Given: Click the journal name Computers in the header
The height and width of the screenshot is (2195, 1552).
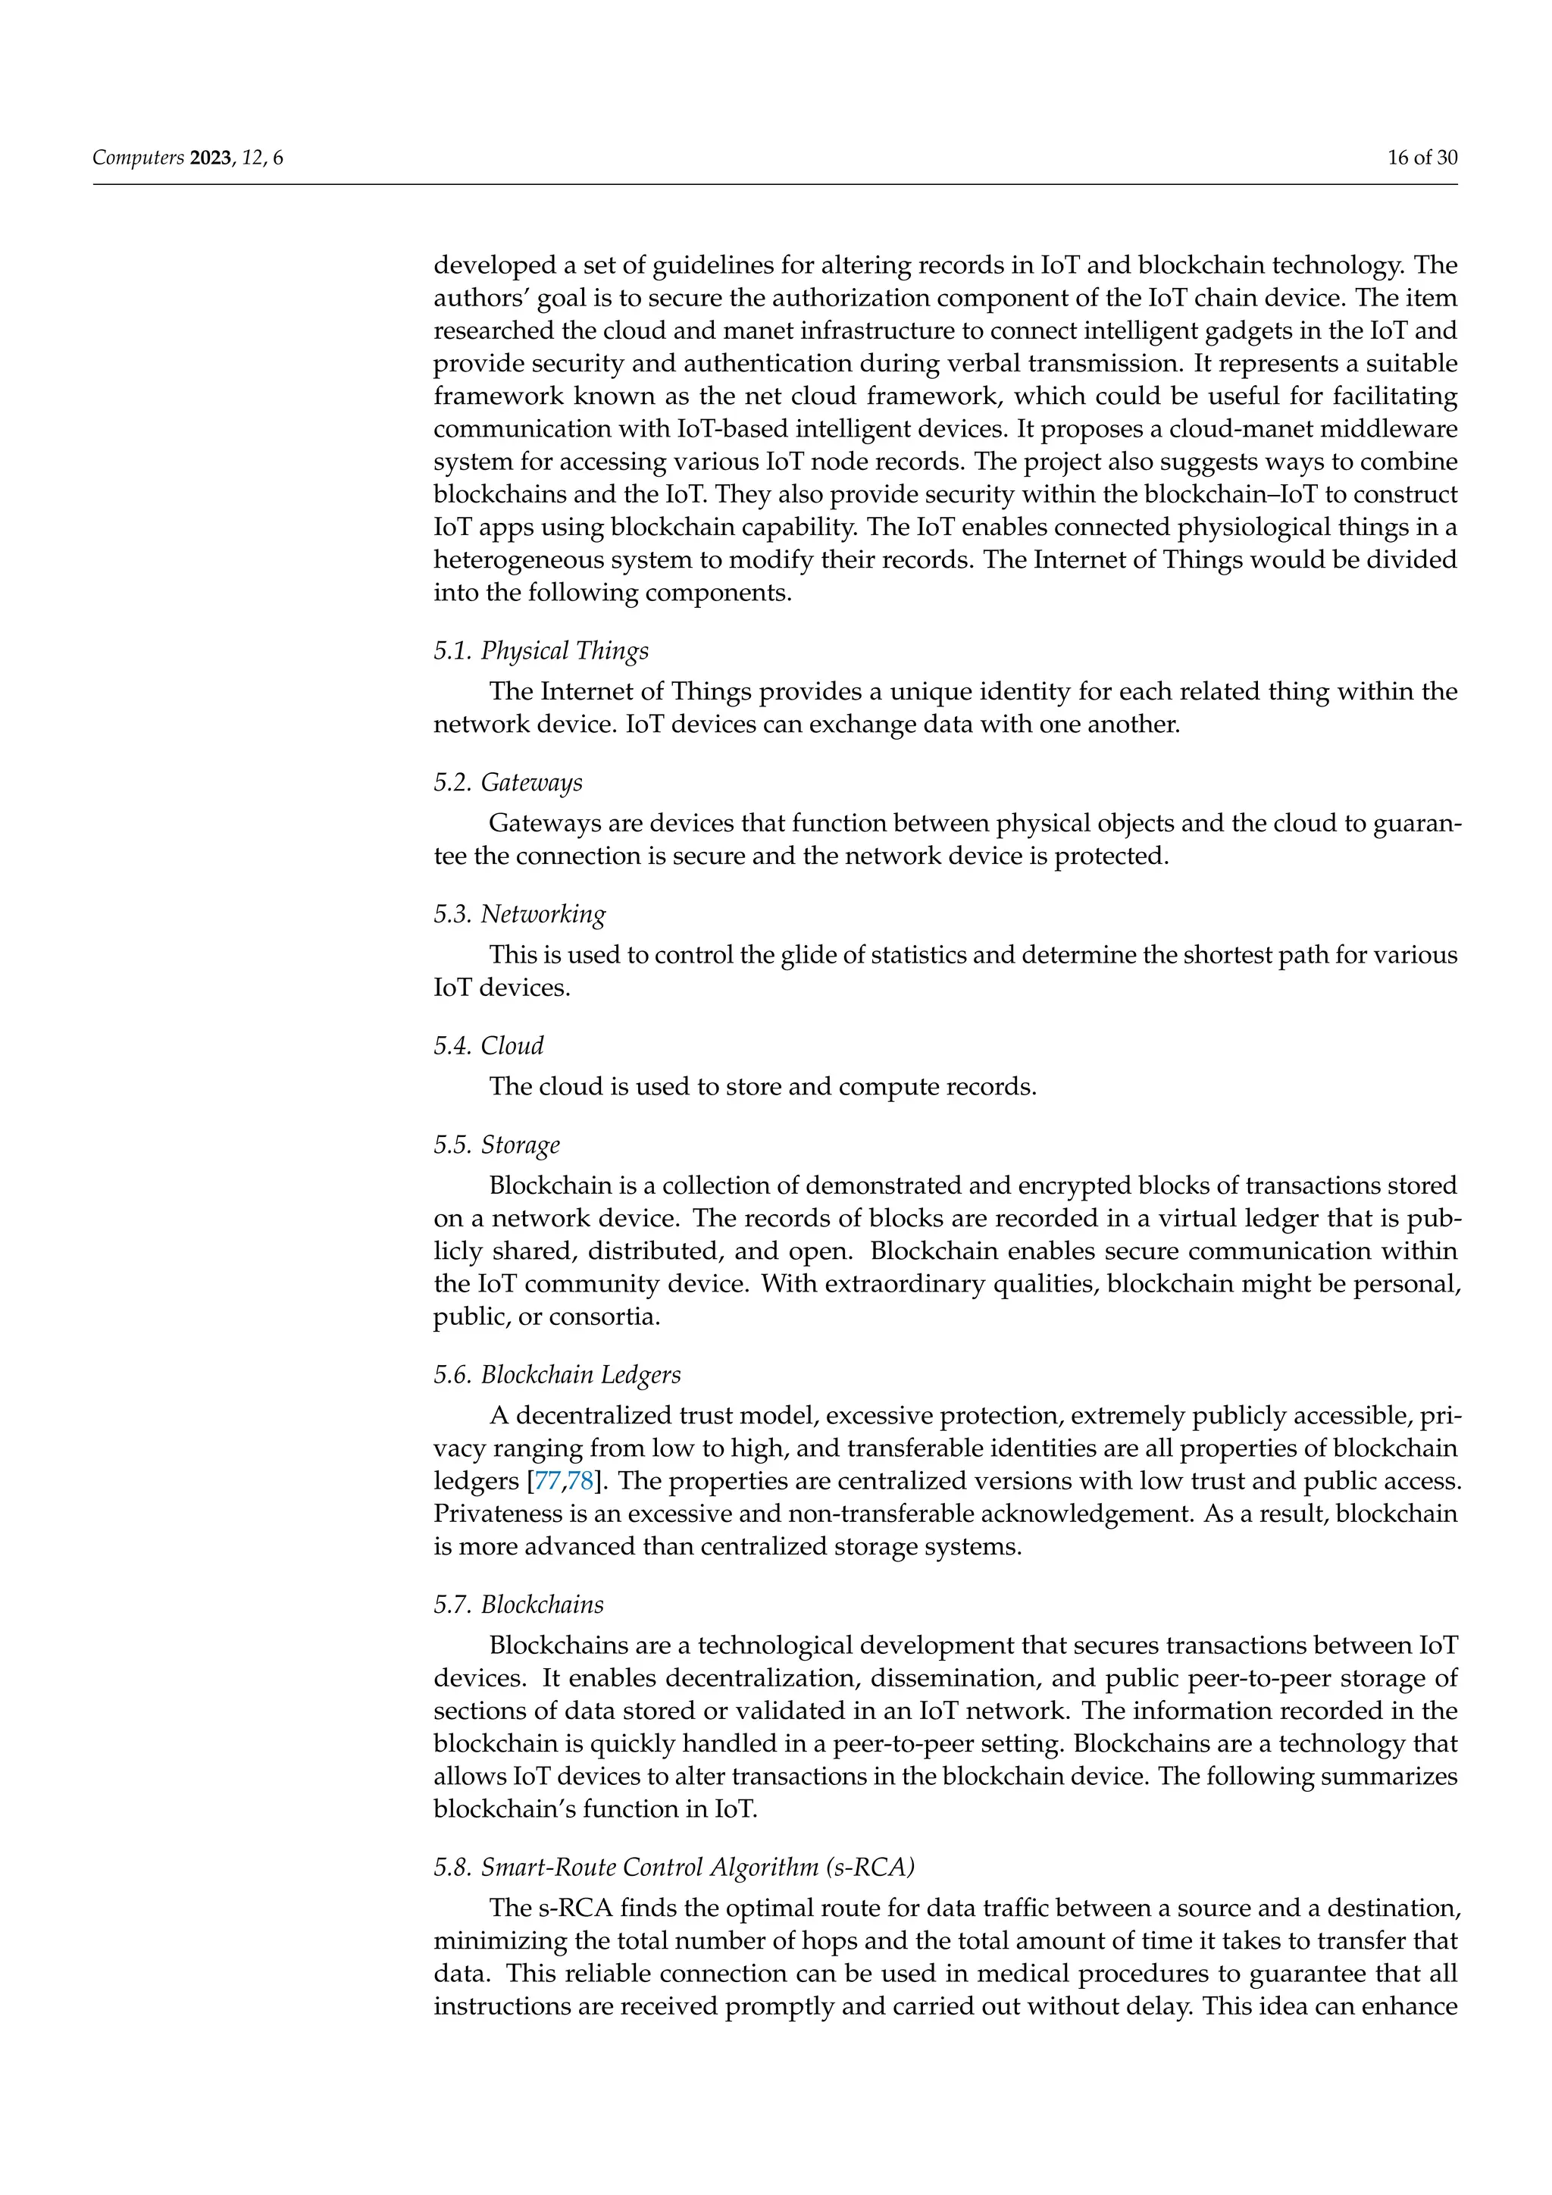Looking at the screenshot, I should coord(138,158).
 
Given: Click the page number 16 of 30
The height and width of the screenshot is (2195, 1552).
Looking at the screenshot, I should coord(1422,158).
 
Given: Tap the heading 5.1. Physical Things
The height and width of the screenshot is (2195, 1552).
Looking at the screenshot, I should coord(541,651).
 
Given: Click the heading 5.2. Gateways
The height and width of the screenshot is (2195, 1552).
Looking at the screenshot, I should coord(508,783).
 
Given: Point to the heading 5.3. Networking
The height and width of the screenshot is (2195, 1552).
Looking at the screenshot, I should coord(519,914).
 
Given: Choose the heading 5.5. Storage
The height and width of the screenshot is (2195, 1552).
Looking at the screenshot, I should coord(496,1145).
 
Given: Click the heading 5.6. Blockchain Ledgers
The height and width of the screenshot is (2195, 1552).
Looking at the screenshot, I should coord(557,1375).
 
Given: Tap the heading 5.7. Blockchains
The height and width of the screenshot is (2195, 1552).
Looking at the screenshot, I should coord(518,1605).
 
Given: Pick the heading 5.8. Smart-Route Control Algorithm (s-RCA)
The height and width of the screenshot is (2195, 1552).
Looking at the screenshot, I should coord(674,1867).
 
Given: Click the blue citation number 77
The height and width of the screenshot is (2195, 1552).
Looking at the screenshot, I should coord(548,1482).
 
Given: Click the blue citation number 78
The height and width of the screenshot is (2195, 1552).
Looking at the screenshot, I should coord(580,1482).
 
